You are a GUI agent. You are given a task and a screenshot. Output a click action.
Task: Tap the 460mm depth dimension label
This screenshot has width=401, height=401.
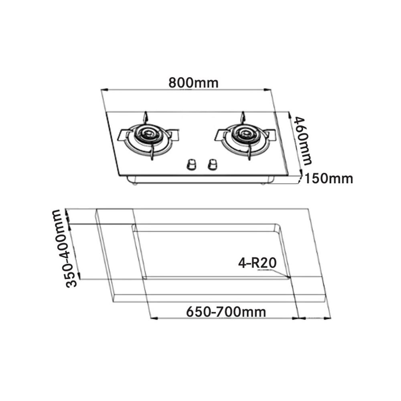pyautogui.click(x=302, y=140)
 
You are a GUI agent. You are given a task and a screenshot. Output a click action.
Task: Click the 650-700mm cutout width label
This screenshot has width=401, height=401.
pyautogui.click(x=226, y=312)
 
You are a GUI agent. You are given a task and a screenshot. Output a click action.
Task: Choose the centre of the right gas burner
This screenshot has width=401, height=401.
pyautogui.click(x=244, y=134)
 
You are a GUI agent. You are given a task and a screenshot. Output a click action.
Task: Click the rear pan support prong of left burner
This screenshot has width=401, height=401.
pyautogui.click(x=146, y=117)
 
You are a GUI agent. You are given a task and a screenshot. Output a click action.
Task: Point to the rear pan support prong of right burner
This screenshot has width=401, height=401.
pyautogui.click(x=242, y=117)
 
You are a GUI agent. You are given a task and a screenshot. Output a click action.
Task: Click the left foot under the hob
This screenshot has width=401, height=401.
pyautogui.click(x=135, y=183)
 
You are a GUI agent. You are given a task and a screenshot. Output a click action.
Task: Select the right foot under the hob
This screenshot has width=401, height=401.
pyautogui.click(x=263, y=183)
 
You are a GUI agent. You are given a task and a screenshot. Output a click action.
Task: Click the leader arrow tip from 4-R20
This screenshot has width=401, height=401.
pyautogui.click(x=290, y=277)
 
